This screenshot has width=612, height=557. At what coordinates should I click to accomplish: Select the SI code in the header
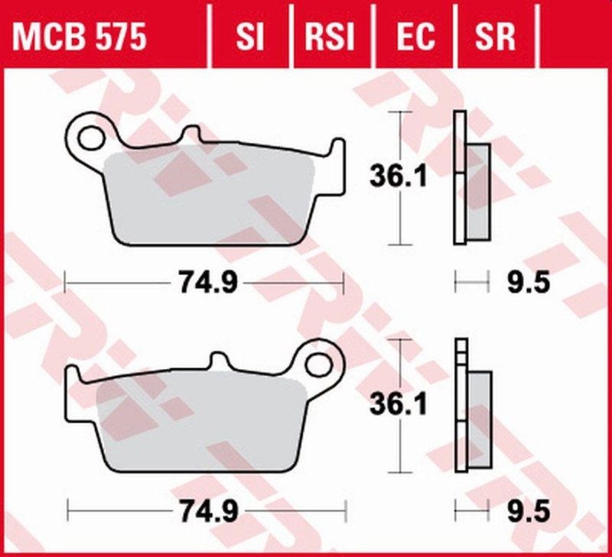point(249,36)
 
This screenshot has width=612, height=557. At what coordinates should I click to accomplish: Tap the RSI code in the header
point(330,36)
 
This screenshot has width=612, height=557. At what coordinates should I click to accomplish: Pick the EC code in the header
point(415,36)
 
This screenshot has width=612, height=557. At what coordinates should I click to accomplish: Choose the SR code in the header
point(494,36)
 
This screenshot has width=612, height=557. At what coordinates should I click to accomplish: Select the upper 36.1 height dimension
point(399,177)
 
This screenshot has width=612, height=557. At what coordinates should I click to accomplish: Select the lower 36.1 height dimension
point(399,404)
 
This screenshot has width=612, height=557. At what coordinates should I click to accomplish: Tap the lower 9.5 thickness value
point(528,510)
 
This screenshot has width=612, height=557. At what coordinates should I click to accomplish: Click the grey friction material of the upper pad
point(207,195)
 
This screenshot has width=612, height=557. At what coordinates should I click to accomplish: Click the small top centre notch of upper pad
point(189,135)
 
